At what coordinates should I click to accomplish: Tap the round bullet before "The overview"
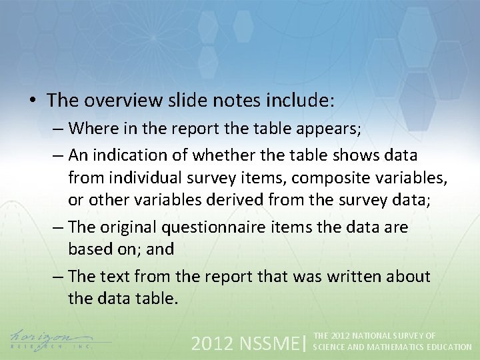32,101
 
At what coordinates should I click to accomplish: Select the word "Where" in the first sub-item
89,127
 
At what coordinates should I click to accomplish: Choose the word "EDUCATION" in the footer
449,347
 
